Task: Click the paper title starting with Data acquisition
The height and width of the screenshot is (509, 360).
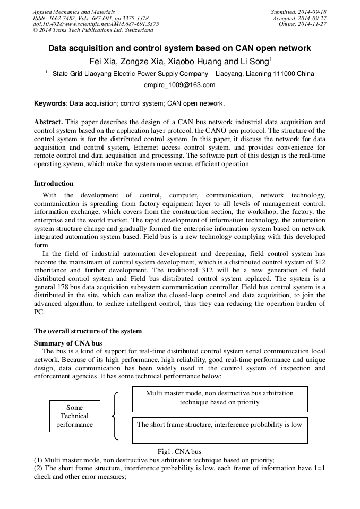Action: [179, 48]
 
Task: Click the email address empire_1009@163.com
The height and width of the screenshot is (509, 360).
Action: [179, 85]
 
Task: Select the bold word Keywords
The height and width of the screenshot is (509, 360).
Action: [50, 103]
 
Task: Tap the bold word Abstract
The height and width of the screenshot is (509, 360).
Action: [48, 122]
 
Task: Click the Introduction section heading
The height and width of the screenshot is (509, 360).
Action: [54, 184]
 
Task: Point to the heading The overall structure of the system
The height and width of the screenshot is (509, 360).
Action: [88, 331]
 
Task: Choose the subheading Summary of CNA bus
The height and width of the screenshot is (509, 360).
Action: [68, 343]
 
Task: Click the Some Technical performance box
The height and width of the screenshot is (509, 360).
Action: [74, 416]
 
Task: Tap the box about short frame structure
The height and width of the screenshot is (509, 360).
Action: [219, 429]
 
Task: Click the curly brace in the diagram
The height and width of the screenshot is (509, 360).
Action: [115, 416]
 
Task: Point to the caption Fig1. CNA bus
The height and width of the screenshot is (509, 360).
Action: [179, 452]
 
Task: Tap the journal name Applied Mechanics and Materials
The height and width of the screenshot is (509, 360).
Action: [73, 12]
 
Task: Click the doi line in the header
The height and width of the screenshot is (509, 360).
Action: [96, 24]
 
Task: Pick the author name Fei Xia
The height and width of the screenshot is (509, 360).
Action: [104, 62]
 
